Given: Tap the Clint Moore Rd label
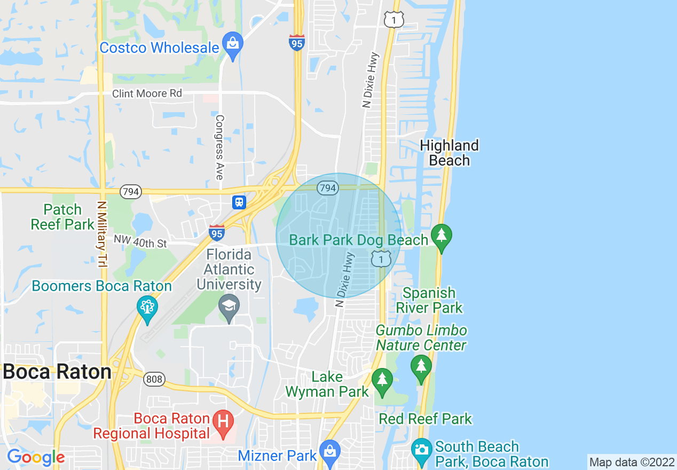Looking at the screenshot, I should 147,94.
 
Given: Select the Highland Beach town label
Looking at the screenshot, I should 449,153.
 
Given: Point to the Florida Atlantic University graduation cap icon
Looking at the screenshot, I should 229,306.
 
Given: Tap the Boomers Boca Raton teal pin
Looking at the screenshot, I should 147,308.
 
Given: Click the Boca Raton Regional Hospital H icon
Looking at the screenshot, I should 223,421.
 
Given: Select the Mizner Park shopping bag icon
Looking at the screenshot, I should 330,450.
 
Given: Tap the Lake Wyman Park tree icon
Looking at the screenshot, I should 382,379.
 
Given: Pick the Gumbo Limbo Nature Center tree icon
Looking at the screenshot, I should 421,366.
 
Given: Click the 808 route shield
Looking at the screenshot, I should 154,379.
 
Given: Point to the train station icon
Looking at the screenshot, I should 239,202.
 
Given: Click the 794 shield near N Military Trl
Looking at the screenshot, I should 130,192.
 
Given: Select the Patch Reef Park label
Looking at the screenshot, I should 62,217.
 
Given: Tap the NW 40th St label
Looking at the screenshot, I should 140,243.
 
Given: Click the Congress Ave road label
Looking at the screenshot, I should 219,146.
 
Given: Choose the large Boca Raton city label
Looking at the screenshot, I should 57,372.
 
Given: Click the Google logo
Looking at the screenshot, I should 36,457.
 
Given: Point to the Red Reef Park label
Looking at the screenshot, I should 426,419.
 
